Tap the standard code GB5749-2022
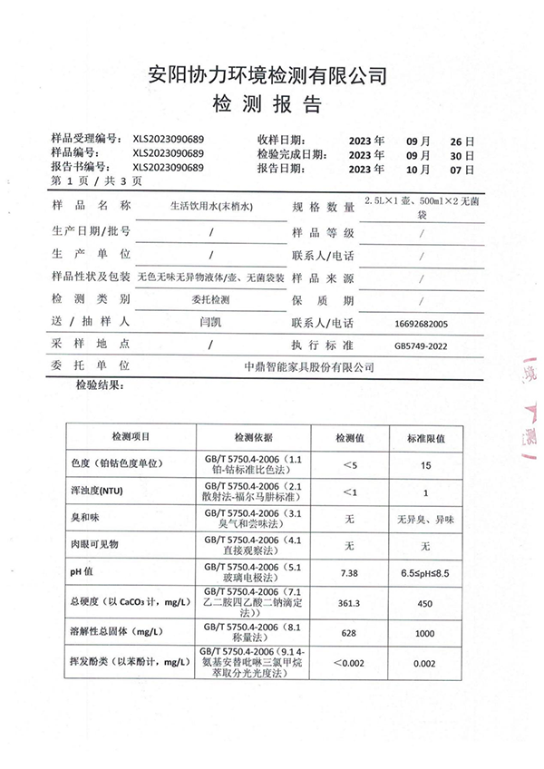point(422,346)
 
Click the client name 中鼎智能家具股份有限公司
point(309,367)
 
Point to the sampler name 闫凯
point(210,323)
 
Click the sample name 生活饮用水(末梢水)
point(210,208)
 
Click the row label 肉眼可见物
point(95,545)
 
